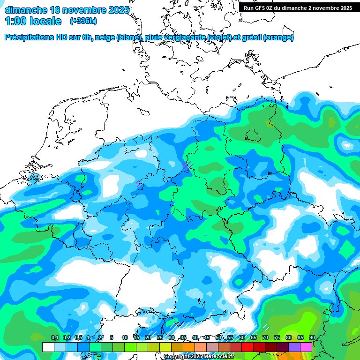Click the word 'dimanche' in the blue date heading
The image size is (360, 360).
[x=25, y=10]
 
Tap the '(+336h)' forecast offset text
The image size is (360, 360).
[x=83, y=21]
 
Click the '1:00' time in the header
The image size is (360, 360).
[x=15, y=21]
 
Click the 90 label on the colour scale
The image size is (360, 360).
[x=312, y=337]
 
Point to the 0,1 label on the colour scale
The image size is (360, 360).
[x=54, y=337]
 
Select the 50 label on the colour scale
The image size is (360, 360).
[x=218, y=337]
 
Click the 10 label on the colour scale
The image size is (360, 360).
[x=125, y=337]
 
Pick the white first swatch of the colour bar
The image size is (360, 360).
[x=48, y=347]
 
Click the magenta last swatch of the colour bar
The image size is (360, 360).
[x=306, y=347]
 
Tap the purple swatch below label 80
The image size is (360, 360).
[x=294, y=347]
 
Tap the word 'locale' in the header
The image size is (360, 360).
[x=46, y=21]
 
